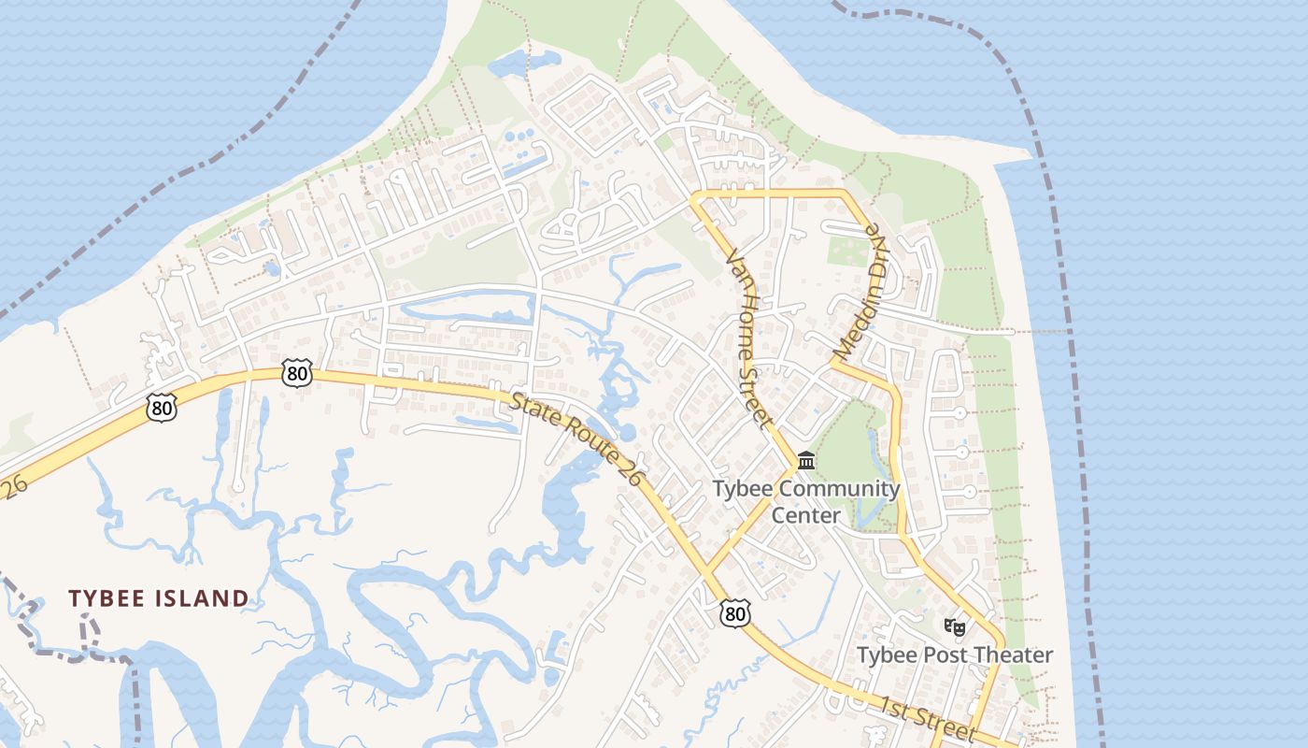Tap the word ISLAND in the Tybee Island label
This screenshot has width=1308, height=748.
coord(206,598)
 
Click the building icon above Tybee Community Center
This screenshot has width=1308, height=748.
coord(806,460)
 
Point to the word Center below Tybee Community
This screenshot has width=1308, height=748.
coord(806,515)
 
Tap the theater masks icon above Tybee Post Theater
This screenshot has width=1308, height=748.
coord(954,626)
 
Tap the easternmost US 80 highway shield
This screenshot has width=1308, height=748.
coord(735,613)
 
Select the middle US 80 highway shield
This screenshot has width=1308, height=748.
coord(297,374)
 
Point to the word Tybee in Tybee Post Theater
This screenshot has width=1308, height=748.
coord(888,655)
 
